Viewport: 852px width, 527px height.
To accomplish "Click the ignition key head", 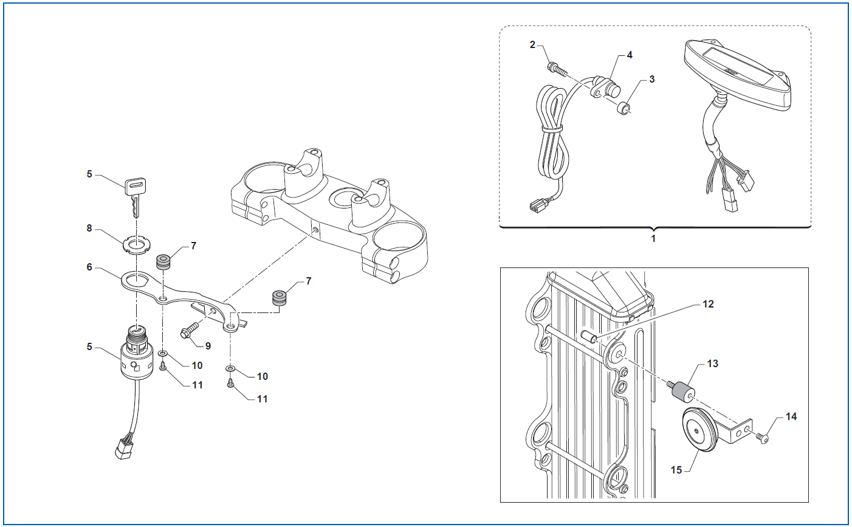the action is [x=135, y=186].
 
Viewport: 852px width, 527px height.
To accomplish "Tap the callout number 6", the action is [x=89, y=267].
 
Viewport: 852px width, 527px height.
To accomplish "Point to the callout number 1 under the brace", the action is [x=653, y=238].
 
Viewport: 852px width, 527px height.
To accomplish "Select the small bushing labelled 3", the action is [x=624, y=108].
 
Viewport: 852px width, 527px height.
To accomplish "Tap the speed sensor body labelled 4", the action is [x=606, y=88].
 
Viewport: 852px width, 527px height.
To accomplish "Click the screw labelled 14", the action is [x=762, y=439].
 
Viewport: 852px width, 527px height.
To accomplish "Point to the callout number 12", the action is [x=708, y=305].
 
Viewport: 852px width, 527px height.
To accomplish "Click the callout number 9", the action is [x=208, y=346].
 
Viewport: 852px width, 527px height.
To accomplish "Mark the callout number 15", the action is [x=676, y=470].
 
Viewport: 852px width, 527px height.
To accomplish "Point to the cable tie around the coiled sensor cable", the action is [x=552, y=129].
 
